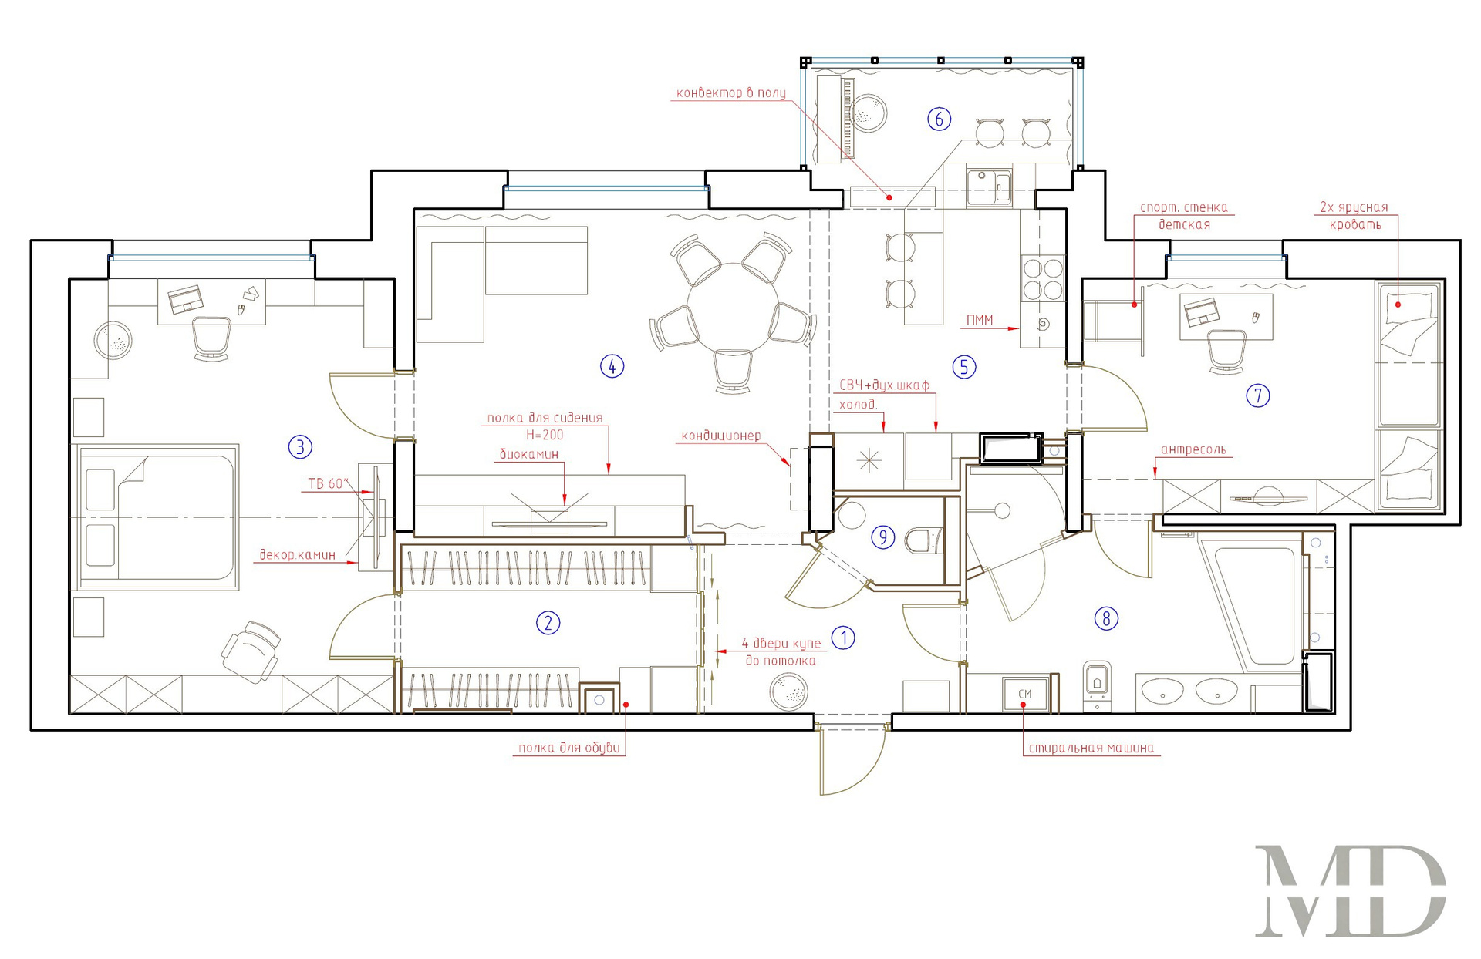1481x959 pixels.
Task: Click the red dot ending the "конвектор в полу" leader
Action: pyautogui.click(x=889, y=197)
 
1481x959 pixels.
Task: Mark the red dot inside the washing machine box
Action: pyautogui.click(x=1023, y=704)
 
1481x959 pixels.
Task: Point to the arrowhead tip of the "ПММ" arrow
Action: pyautogui.click(x=1020, y=329)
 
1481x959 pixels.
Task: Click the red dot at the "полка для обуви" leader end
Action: pyautogui.click(x=626, y=704)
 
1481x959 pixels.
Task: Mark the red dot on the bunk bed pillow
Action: pyautogui.click(x=1397, y=305)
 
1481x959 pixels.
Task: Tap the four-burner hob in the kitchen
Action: pyautogui.click(x=1042, y=279)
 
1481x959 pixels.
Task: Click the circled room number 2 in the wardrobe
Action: pyautogui.click(x=548, y=623)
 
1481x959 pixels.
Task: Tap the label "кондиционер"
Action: pyautogui.click(x=720, y=436)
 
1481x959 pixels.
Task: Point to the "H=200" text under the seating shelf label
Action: pyautogui.click(x=545, y=435)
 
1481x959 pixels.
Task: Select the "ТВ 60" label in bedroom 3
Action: pyautogui.click(x=327, y=484)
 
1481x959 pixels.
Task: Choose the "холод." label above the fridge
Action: pyautogui.click(x=858, y=405)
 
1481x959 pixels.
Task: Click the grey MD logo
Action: pyautogui.click(x=1351, y=890)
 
